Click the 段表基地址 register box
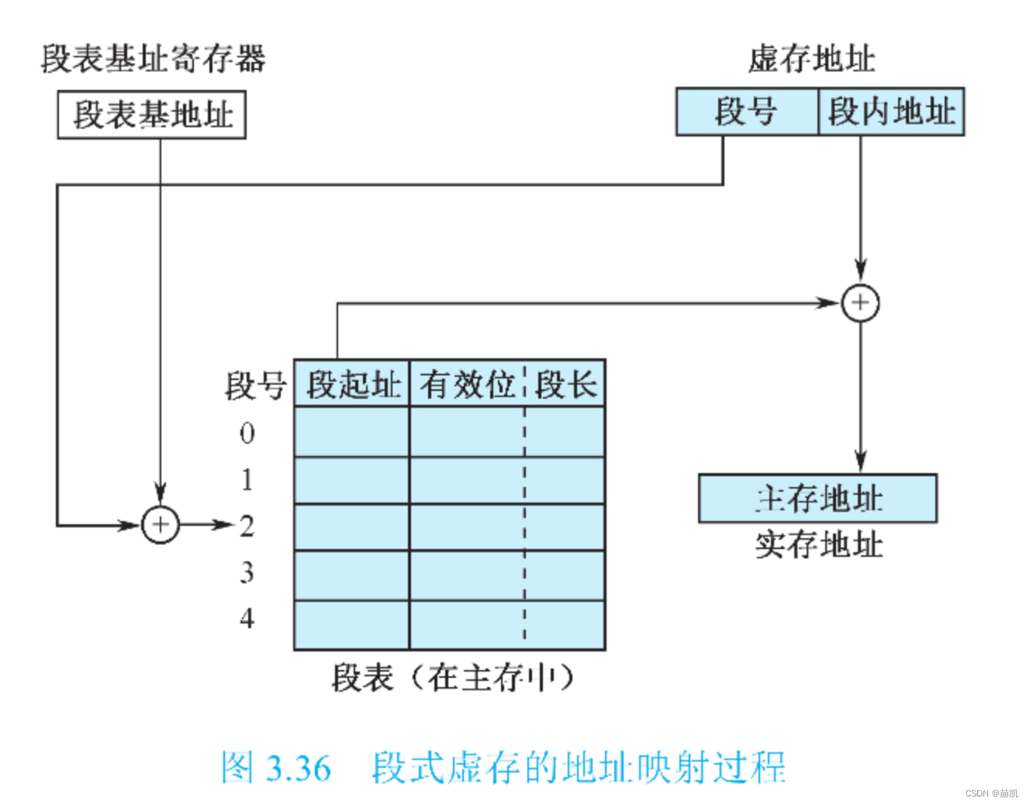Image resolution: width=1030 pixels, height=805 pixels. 152,115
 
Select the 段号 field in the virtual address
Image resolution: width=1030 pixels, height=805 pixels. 746,112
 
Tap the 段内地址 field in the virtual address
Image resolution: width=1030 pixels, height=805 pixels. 891,112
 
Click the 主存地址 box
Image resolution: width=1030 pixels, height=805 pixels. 817,499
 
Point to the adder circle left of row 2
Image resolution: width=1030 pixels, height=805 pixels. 161,525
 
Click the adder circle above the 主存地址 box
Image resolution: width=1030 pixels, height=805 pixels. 860,302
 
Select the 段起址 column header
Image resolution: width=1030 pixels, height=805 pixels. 352,384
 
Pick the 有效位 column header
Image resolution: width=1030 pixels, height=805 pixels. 467,384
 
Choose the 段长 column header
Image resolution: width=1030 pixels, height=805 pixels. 565,384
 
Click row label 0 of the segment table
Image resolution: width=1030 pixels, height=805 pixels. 247,433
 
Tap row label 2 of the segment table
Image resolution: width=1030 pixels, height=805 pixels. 247,526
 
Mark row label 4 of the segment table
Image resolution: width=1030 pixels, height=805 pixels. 247,619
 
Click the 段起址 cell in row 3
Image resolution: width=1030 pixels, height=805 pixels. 351,575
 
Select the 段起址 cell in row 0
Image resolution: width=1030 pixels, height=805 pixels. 351,432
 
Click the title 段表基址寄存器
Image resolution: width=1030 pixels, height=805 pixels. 153,59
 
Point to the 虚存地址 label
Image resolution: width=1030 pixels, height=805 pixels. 811,59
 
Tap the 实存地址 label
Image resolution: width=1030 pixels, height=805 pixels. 818,544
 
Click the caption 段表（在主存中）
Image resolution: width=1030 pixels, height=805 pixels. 452,678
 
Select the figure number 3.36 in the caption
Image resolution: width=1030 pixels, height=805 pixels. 298,769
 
